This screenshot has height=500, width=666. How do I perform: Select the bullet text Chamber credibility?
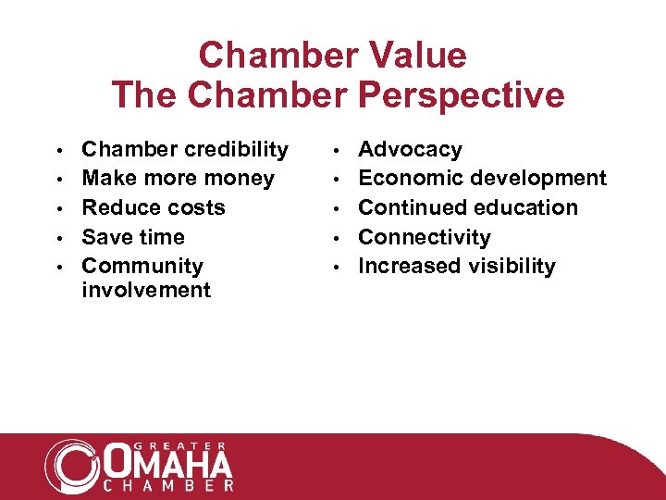coord(185,149)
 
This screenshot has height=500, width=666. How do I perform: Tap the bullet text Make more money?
coord(178,178)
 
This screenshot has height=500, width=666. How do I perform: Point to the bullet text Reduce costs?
coord(154,207)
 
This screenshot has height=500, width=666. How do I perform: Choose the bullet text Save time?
coord(133,237)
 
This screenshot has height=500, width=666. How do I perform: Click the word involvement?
coord(146,290)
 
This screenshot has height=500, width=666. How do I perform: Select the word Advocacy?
coord(410,149)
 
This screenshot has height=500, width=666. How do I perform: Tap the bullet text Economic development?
coord(482,178)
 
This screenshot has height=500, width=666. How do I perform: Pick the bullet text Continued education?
coord(468,207)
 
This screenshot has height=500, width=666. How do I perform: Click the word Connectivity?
coord(425,237)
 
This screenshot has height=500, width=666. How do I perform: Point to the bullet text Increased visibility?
coord(457,266)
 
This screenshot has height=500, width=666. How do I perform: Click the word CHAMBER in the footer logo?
coord(167,484)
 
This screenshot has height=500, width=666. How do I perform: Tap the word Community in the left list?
coord(142,266)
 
